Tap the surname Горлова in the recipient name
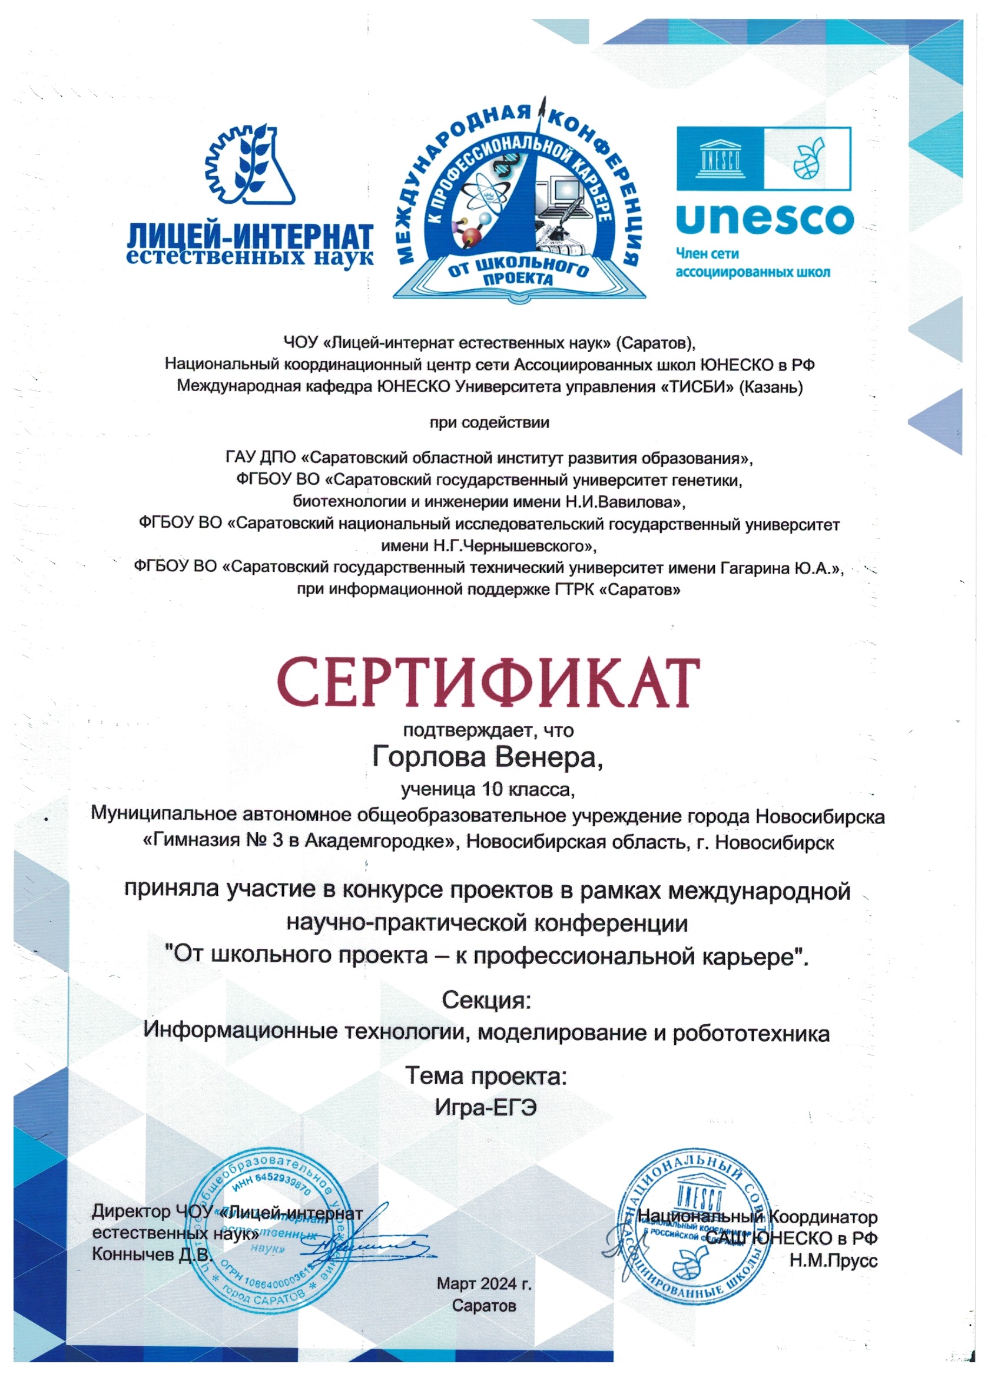click(429, 758)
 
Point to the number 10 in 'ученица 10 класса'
click(492, 789)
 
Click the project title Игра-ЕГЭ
click(486, 1108)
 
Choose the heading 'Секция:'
click(486, 1000)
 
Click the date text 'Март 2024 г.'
click(484, 1283)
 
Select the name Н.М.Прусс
click(833, 1261)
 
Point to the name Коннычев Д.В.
click(152, 1254)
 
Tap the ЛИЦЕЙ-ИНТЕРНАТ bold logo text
click(250, 236)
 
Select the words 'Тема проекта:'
click(486, 1076)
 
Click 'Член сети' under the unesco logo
click(707, 254)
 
